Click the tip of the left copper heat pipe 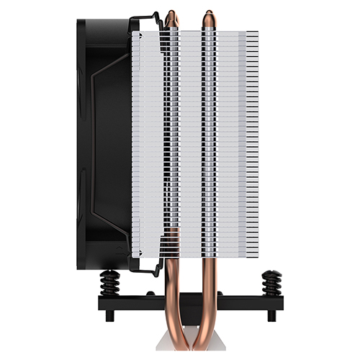pos(171,14)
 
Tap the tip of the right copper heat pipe pos(207,14)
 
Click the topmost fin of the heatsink pos(209,31)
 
